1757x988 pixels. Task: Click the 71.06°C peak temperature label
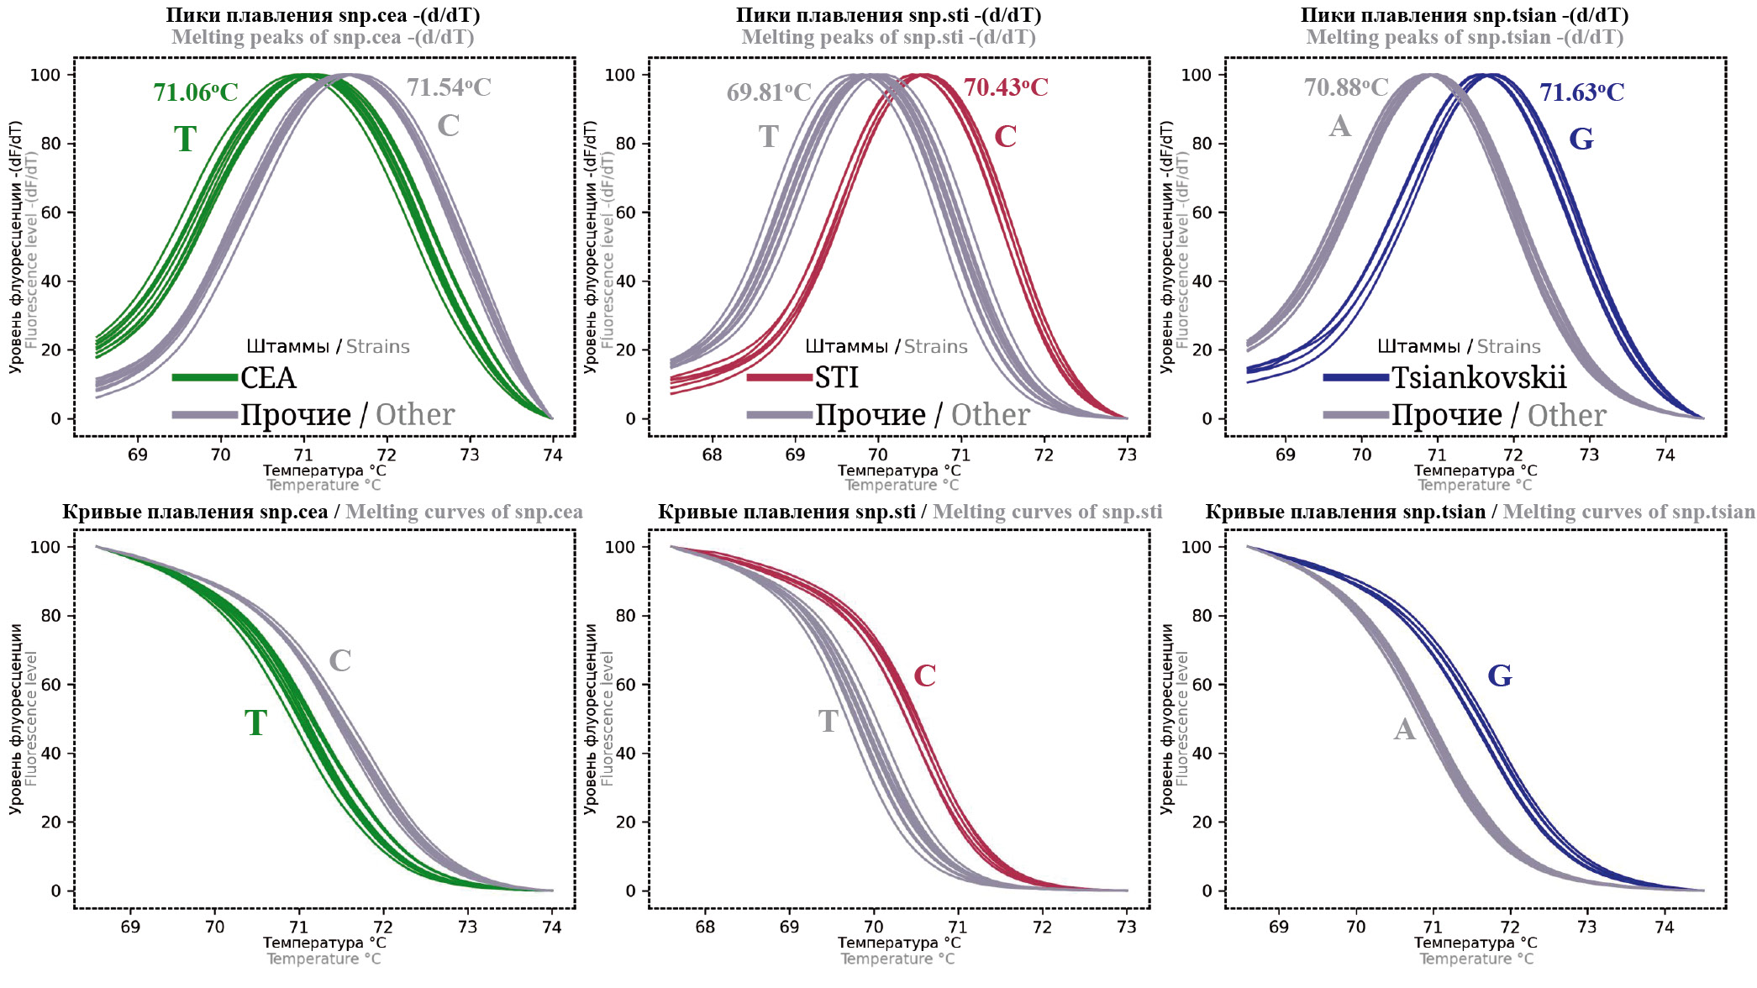tap(195, 92)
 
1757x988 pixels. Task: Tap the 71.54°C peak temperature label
tap(449, 87)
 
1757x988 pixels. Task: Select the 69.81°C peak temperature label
tap(769, 92)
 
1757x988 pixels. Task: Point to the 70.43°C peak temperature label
tap(1006, 87)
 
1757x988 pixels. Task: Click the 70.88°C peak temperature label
tap(1346, 87)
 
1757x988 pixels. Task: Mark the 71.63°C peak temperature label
tap(1581, 92)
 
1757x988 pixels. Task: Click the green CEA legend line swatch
tap(205, 378)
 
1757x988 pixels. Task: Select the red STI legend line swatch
tap(779, 378)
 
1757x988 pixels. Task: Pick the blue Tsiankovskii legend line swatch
tap(1355, 378)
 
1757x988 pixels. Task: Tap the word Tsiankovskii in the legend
tap(1479, 378)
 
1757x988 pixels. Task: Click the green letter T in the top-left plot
tap(185, 139)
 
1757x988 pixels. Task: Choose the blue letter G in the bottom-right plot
tap(1500, 675)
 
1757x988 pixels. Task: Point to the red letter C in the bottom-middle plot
tap(924, 675)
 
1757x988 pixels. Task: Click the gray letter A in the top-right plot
tap(1339, 127)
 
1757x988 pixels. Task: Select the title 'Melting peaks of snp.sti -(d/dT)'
tap(888, 38)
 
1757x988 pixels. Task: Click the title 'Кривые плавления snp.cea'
tap(195, 512)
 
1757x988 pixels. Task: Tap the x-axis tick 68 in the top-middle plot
tap(712, 455)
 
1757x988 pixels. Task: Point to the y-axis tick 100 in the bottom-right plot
tap(1197, 548)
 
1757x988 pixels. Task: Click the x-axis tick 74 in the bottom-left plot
tap(551, 927)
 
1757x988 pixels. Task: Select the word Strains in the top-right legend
tap(1508, 347)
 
